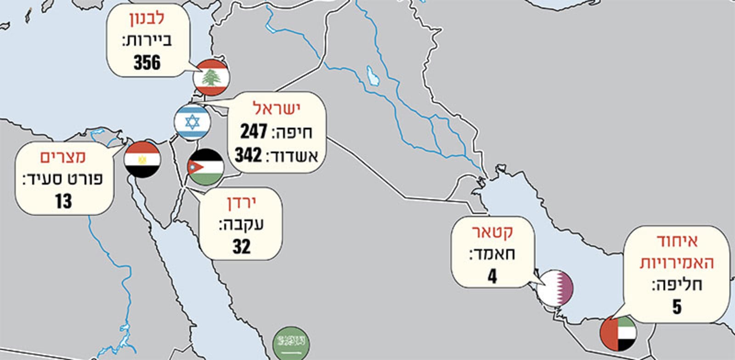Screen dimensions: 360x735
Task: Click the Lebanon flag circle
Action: tap(211, 78)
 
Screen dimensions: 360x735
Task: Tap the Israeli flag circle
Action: tap(192, 122)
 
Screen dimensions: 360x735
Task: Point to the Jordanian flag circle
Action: tap(205, 167)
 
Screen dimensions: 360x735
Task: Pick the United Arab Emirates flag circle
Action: tap(618, 333)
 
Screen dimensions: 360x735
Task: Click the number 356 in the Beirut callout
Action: tap(147, 62)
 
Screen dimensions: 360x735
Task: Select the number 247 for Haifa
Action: tap(254, 132)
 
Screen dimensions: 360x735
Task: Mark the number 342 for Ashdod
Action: tap(249, 156)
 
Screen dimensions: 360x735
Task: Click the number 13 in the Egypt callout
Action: tap(63, 201)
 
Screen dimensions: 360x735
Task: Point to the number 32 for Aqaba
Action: tap(241, 247)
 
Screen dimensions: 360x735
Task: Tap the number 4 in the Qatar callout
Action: tap(492, 276)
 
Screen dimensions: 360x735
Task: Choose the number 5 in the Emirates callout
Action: tap(677, 307)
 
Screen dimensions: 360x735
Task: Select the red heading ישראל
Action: tap(276, 109)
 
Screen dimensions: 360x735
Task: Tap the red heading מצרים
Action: tap(62, 157)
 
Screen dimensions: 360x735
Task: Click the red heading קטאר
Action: tap(493, 232)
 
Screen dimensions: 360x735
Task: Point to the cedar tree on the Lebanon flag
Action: tap(211, 78)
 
